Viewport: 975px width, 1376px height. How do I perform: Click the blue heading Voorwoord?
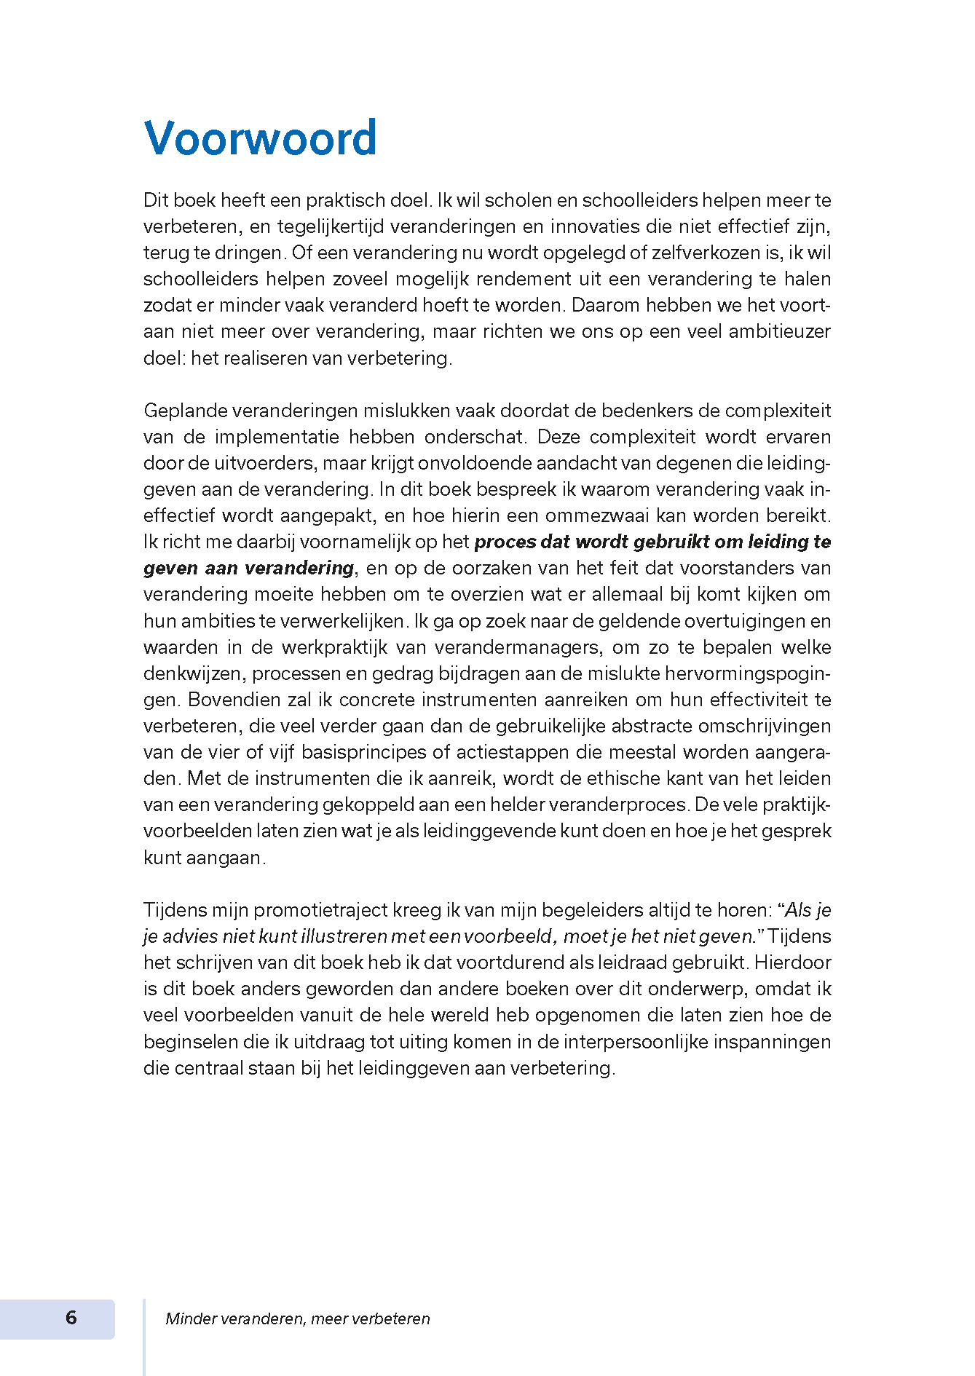260,138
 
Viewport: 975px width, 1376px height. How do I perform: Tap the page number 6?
71,1318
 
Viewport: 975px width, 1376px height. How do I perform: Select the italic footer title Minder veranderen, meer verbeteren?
297,1319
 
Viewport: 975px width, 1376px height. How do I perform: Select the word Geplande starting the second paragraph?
185,411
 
